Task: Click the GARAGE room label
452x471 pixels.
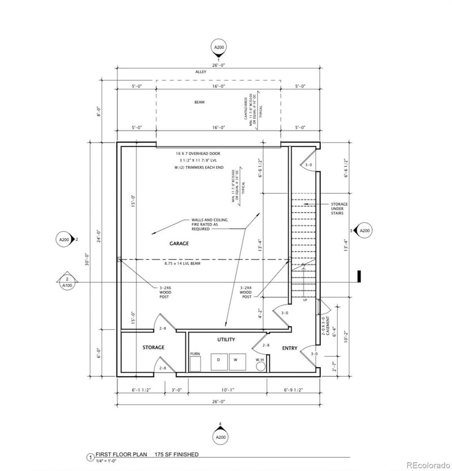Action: pyautogui.click(x=179, y=244)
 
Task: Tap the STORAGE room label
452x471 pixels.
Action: pyautogui.click(x=153, y=347)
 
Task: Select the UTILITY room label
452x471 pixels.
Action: pyautogui.click(x=226, y=339)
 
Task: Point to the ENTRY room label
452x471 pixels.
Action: pyautogui.click(x=289, y=348)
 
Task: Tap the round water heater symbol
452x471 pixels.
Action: pyautogui.click(x=260, y=366)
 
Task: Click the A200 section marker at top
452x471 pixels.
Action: pyautogui.click(x=219, y=47)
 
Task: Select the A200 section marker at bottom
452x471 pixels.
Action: pyautogui.click(x=220, y=437)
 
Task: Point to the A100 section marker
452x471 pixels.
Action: pyautogui.click(x=67, y=282)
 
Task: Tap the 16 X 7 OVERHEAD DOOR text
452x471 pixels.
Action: pyautogui.click(x=198, y=153)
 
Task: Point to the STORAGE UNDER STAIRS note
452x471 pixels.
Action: pyautogui.click(x=340, y=209)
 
